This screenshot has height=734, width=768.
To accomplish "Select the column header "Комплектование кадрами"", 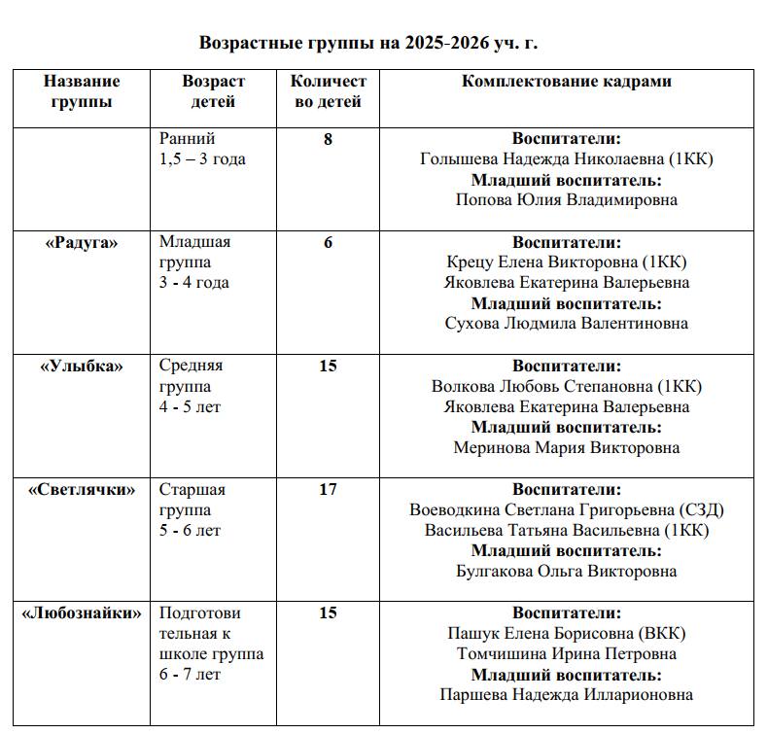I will [566, 82].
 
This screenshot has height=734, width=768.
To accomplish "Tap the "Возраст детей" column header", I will [213, 91].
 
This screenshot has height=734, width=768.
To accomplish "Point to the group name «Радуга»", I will [82, 242].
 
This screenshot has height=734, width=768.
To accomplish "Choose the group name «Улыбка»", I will [82, 366].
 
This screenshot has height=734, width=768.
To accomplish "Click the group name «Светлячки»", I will [82, 489].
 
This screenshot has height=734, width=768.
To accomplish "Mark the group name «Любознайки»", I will [82, 613].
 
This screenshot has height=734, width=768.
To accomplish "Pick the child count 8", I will [329, 139].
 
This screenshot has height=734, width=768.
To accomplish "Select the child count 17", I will [329, 489].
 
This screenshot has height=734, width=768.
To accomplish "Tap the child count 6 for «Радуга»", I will [329, 242].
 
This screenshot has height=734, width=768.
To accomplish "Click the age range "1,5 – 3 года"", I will [202, 159].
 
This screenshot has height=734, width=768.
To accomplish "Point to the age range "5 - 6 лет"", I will [190, 531].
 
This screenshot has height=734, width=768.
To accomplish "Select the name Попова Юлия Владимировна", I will [566, 200].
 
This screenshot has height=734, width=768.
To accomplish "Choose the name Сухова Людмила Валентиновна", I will [566, 324].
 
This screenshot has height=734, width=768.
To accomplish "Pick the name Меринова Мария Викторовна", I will [566, 448].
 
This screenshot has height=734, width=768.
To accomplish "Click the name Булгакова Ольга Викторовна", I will [566, 572].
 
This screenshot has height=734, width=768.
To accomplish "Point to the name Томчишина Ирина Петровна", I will [566, 654].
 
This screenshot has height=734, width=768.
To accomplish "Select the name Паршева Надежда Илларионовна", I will [566, 695].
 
